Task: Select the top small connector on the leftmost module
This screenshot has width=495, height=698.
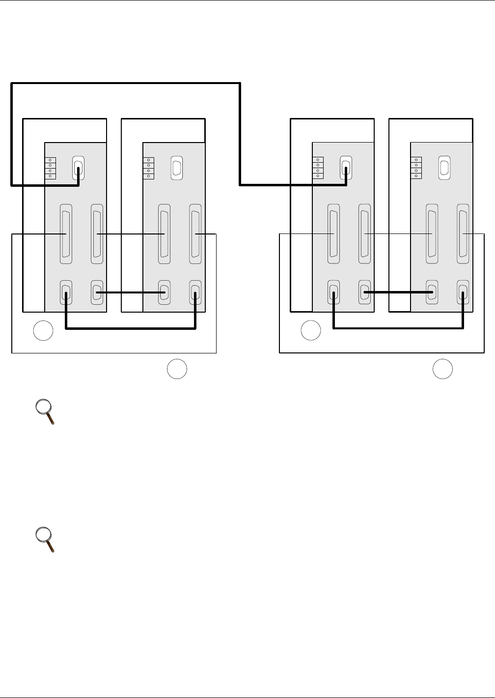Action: (x=78, y=168)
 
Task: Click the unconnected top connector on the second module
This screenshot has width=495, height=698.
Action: (x=176, y=168)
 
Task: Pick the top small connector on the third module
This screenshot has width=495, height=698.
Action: (x=346, y=168)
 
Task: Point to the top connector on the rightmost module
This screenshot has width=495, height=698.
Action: (x=444, y=168)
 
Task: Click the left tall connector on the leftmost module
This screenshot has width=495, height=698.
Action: (x=65, y=234)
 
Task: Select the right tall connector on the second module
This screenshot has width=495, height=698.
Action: (x=195, y=234)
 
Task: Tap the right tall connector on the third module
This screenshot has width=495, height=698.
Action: (x=364, y=234)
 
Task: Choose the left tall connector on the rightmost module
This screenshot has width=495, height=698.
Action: (x=432, y=234)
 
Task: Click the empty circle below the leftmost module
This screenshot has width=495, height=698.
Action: (x=43, y=331)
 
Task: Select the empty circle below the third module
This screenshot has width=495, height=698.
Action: (x=310, y=331)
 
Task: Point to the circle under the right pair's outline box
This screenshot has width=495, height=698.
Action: (x=442, y=369)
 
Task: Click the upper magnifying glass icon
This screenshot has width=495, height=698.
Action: (x=45, y=412)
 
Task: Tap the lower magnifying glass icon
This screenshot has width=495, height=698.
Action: (x=45, y=540)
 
